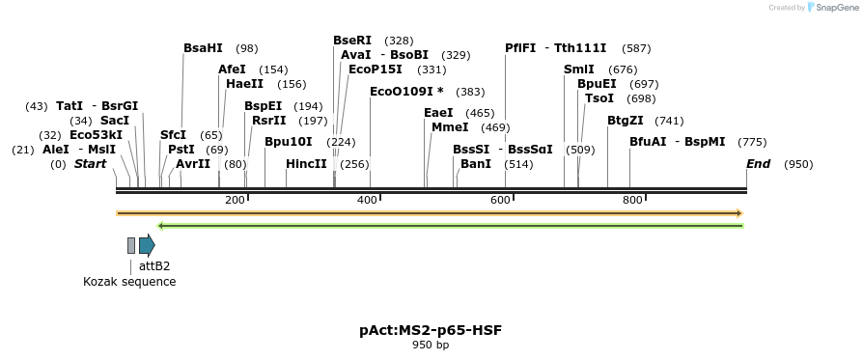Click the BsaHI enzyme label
[x=203, y=48]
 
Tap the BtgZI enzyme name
[x=626, y=121]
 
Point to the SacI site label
[x=114, y=121]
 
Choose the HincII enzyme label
[x=306, y=164]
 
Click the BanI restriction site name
[x=476, y=164]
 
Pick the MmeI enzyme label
[x=450, y=127]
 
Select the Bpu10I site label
[x=288, y=142]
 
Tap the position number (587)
[x=636, y=48]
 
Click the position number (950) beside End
[x=798, y=164]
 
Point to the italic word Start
[x=90, y=164]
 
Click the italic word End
[x=758, y=164]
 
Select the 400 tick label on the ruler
[x=367, y=200]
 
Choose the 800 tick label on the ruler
[x=631, y=200]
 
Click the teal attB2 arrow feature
[x=147, y=245]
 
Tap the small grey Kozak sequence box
[x=131, y=245]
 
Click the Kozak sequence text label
[x=129, y=282]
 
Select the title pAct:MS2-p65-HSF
[x=431, y=330]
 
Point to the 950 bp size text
[x=431, y=345]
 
